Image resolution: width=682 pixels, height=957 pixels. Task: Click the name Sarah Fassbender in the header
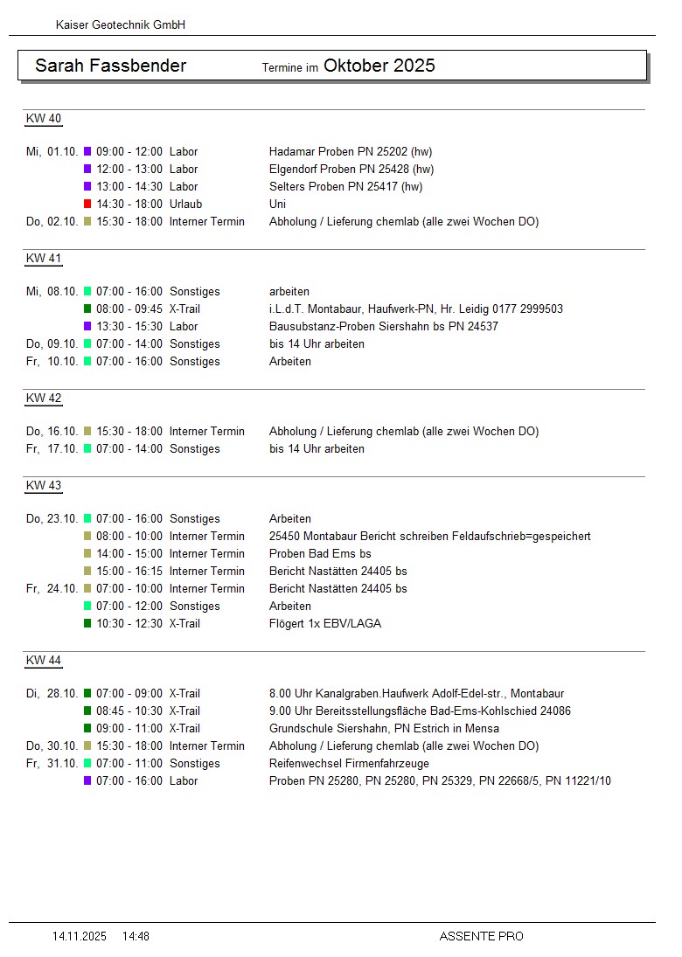(110, 66)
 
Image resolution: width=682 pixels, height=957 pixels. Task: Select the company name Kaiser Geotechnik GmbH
(120, 25)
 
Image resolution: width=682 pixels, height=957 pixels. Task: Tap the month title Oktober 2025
(379, 66)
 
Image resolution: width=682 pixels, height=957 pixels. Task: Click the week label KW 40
(43, 119)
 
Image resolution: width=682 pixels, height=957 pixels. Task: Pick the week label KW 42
(43, 399)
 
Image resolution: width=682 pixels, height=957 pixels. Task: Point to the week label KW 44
(43, 661)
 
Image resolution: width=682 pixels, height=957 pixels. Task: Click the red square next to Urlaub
(87, 204)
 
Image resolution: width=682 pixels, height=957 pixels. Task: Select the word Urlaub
(185, 204)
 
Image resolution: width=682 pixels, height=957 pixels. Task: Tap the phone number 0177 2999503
(522, 309)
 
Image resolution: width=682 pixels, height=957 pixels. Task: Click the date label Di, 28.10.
(52, 693)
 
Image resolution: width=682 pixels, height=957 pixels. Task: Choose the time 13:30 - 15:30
(129, 326)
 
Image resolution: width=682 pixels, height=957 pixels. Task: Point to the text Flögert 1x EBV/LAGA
(324, 623)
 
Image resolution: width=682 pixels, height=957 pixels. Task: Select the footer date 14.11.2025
(79, 936)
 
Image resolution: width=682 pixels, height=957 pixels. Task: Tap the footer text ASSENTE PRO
(481, 936)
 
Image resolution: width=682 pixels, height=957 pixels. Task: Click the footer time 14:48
(136, 936)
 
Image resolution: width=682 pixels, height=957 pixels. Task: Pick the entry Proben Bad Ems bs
(320, 553)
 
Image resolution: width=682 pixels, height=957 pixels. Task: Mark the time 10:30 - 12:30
(129, 623)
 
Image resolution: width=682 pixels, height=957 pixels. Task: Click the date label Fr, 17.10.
(52, 448)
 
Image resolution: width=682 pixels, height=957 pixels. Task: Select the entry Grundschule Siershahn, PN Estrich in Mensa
(384, 728)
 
